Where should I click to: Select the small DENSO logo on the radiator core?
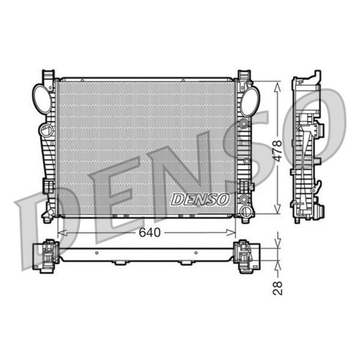click(x=199, y=199)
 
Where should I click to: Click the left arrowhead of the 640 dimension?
click(x=59, y=233)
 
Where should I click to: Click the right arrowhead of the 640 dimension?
click(x=234, y=233)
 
